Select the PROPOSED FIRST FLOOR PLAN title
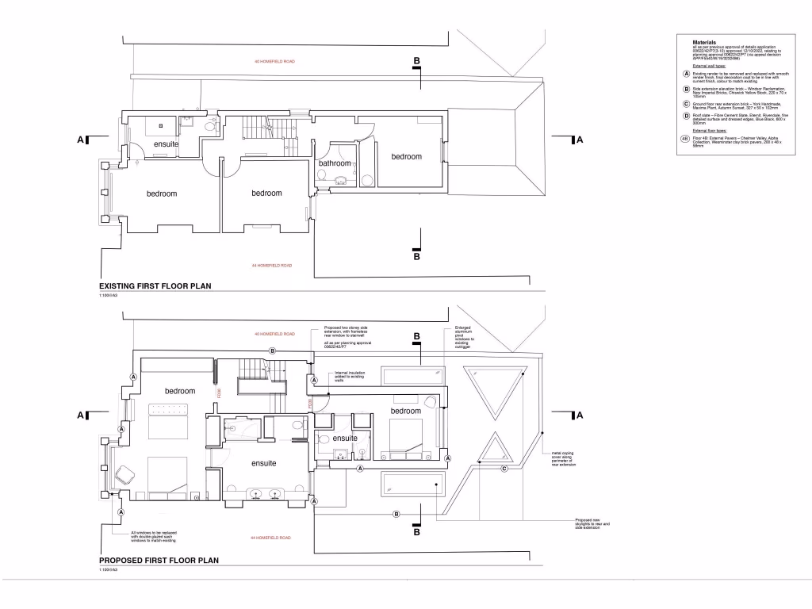159,560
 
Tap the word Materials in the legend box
704,42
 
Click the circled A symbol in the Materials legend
685,75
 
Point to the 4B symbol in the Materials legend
685,140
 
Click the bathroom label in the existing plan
335,163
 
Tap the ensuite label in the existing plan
166,144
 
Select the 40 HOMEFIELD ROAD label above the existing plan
274,61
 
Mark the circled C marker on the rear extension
504,468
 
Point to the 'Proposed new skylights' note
593,523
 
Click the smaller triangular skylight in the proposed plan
494,450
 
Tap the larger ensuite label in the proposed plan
263,464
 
